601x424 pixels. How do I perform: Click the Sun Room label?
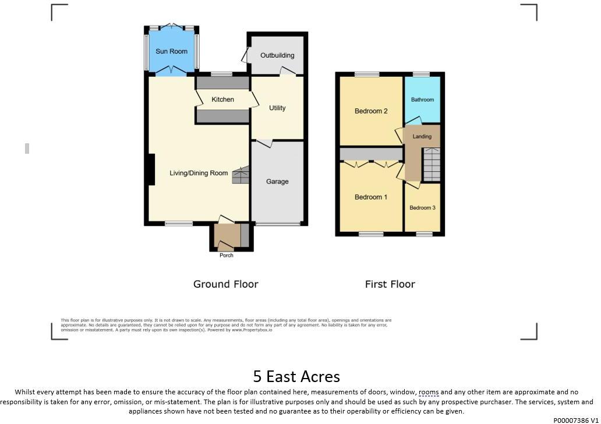coord(171,52)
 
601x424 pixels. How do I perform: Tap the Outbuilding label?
coord(277,55)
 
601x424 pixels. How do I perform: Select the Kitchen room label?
coord(222,100)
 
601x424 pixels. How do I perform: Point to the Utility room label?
coord(277,108)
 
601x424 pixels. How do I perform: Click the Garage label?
coord(277,182)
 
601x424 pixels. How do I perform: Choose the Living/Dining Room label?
coord(199,173)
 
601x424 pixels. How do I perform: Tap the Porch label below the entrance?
coord(226,256)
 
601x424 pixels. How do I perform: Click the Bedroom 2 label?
coord(371,111)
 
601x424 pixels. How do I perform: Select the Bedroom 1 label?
coord(371,197)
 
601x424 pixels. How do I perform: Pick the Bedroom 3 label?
coord(422,208)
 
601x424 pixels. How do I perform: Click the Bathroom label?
coord(422,100)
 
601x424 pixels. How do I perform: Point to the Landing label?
coord(422,137)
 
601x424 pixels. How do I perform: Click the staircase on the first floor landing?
coord(432,165)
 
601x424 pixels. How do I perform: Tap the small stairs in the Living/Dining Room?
coord(241,176)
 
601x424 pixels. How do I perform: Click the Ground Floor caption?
coord(225,284)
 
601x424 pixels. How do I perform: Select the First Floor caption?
coord(390,284)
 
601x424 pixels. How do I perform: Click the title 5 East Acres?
coord(296,376)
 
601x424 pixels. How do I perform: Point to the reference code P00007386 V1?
coord(575,419)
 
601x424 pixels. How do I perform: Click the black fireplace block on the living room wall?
coord(151,169)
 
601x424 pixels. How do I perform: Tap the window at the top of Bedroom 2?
coord(366,74)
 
